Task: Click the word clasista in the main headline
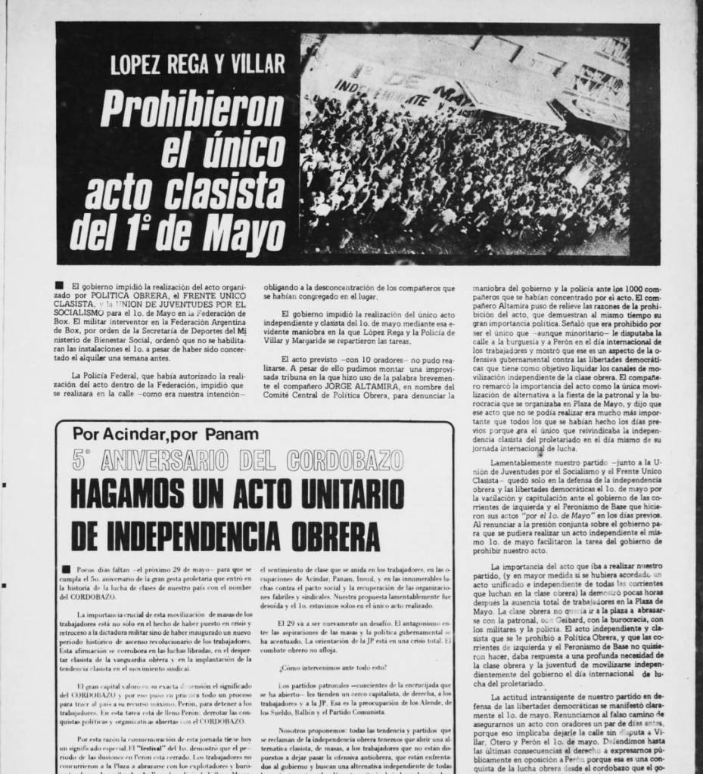pyautogui.click(x=214, y=193)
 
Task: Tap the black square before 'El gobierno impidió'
pyautogui.click(x=60, y=286)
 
